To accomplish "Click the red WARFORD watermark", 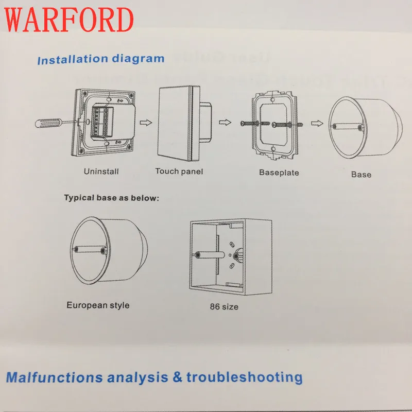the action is pyautogui.click(x=69, y=20).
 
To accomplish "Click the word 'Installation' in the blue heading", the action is pyautogui.click(x=73, y=60).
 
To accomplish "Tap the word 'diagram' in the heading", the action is pyautogui.click(x=138, y=58).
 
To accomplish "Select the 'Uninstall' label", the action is pyautogui.click(x=101, y=171).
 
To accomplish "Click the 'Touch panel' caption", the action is pyautogui.click(x=179, y=171).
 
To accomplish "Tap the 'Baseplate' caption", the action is pyautogui.click(x=279, y=173).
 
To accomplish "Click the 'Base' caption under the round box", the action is pyautogui.click(x=362, y=175).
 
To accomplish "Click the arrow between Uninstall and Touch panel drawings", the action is pyautogui.click(x=146, y=123).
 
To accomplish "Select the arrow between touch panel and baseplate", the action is pyautogui.click(x=225, y=122).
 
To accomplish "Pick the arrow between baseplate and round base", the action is pyautogui.click(x=317, y=123).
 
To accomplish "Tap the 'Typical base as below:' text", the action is pyautogui.click(x=112, y=198).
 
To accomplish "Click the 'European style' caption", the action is pyautogui.click(x=98, y=305).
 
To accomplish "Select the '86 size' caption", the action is pyautogui.click(x=224, y=306).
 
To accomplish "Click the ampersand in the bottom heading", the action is pyautogui.click(x=177, y=377).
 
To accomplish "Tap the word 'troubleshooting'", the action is pyautogui.click(x=245, y=377).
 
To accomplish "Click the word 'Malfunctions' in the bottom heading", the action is pyautogui.click(x=54, y=377).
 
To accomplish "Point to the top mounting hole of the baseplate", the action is pyautogui.click(x=272, y=99).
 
